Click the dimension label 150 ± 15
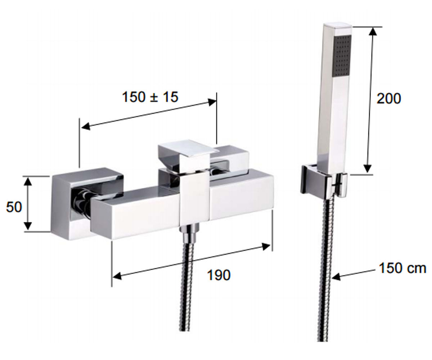click(150, 97)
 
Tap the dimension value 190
click(219, 275)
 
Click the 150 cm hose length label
click(402, 268)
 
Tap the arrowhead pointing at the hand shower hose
click(336, 276)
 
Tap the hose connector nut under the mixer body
click(189, 233)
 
